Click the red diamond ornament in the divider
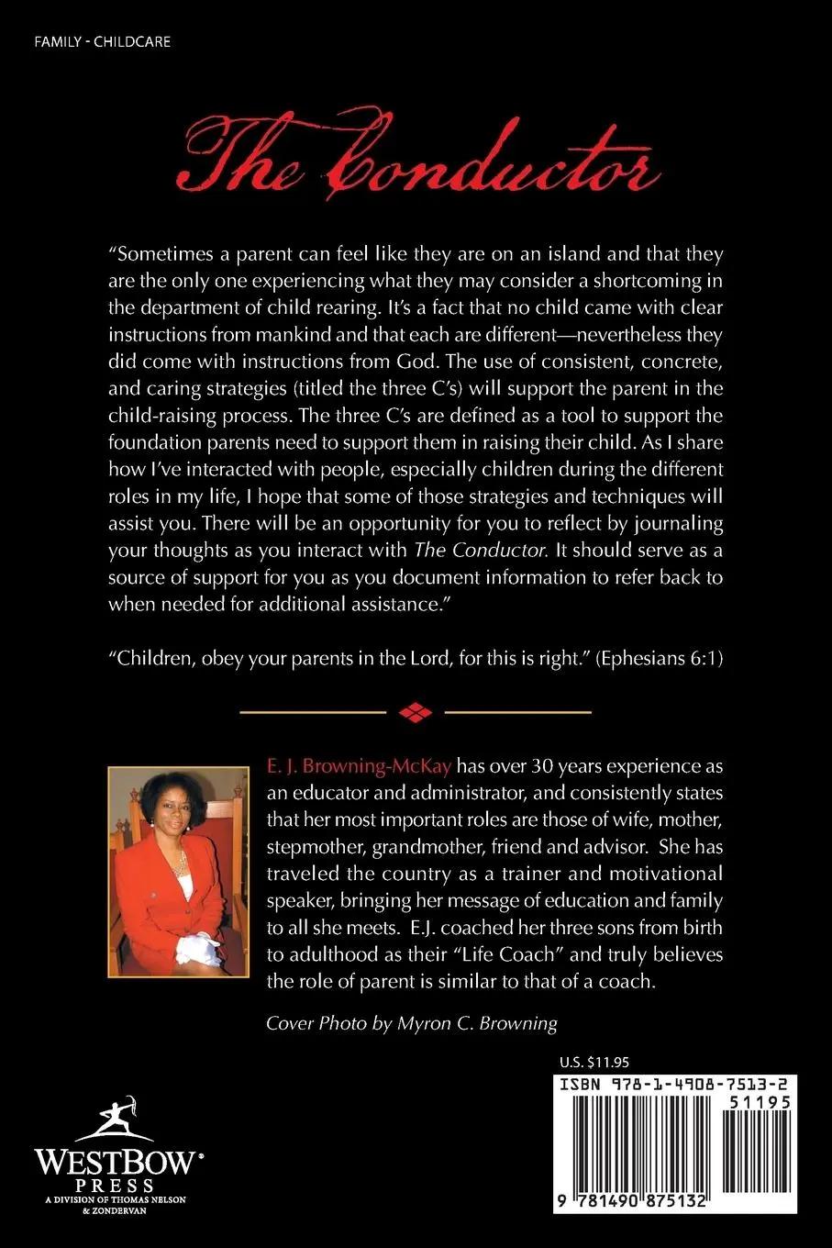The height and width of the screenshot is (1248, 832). click(416, 711)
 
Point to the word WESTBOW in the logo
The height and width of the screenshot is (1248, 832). click(115, 1163)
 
